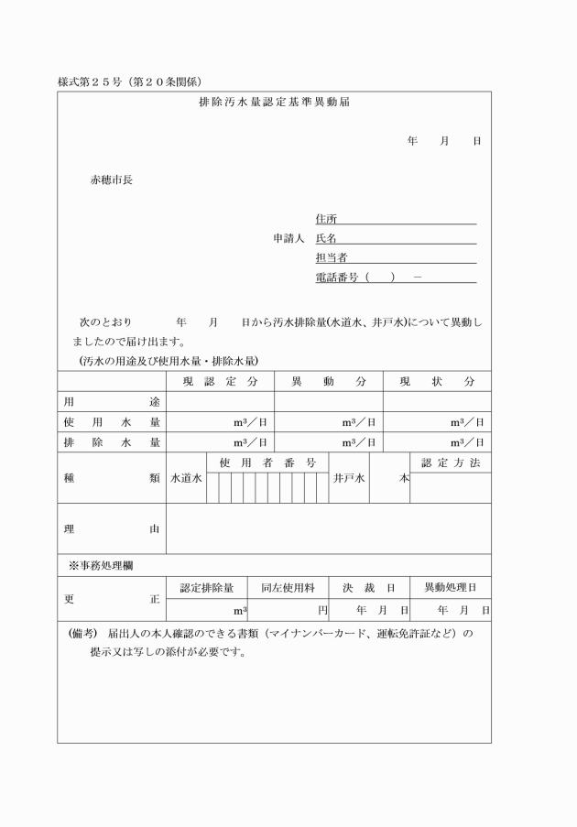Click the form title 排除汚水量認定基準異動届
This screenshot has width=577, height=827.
(x=274, y=103)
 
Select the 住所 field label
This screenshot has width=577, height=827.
(x=326, y=219)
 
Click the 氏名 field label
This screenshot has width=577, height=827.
(x=326, y=238)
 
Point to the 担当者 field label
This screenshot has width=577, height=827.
(x=331, y=257)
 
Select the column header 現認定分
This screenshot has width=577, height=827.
(x=220, y=381)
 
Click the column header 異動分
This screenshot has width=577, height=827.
(x=328, y=381)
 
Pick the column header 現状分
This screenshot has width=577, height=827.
(x=437, y=381)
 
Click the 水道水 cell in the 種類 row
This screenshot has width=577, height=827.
(x=186, y=478)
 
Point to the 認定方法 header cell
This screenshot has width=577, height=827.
(x=450, y=462)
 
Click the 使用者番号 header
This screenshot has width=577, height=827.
(x=267, y=462)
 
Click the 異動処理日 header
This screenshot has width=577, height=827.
(x=450, y=588)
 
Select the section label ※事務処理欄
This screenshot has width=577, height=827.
(x=102, y=565)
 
